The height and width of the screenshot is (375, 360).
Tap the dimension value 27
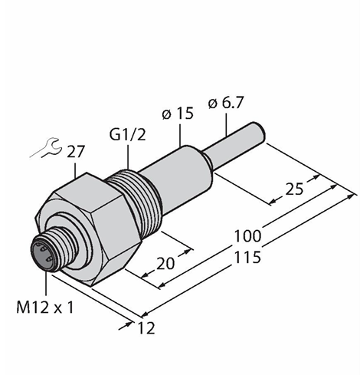75,153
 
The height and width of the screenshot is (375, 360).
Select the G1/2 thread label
127,135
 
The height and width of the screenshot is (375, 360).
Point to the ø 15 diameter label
178,114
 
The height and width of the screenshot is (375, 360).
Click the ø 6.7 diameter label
226,103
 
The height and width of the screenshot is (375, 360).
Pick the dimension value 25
294,189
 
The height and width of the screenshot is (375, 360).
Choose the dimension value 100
247,236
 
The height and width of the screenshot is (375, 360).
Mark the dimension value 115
247,258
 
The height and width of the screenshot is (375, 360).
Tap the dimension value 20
165,264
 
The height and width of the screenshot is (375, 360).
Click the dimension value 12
146,328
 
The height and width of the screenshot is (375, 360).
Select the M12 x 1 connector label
45,308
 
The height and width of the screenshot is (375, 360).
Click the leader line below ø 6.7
226,123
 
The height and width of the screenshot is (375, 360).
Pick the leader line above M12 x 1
46,284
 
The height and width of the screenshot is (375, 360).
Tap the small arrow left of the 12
126,326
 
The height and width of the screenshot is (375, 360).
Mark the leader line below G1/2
128,156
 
